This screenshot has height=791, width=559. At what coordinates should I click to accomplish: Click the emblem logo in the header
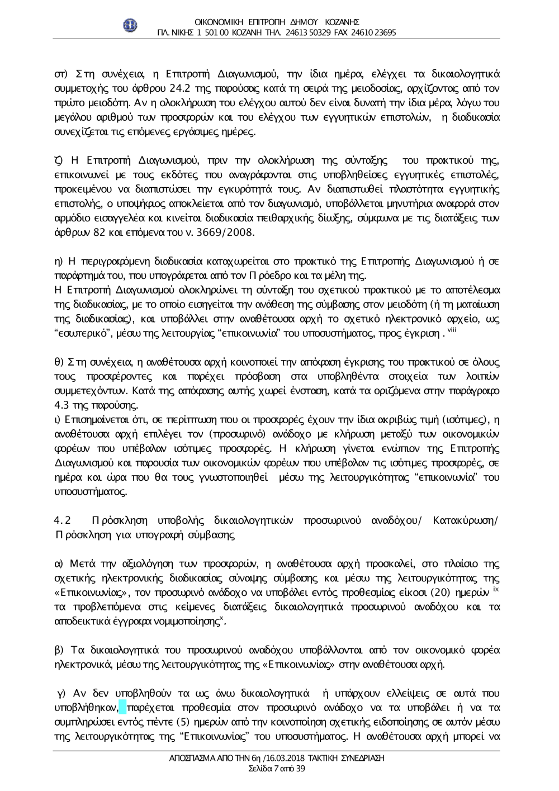pos(130,24)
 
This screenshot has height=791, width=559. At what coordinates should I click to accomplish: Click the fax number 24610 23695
pos(374,32)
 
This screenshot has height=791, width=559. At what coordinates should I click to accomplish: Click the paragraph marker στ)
pos(60,74)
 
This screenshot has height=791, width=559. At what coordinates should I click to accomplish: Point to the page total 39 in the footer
pos(300,768)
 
